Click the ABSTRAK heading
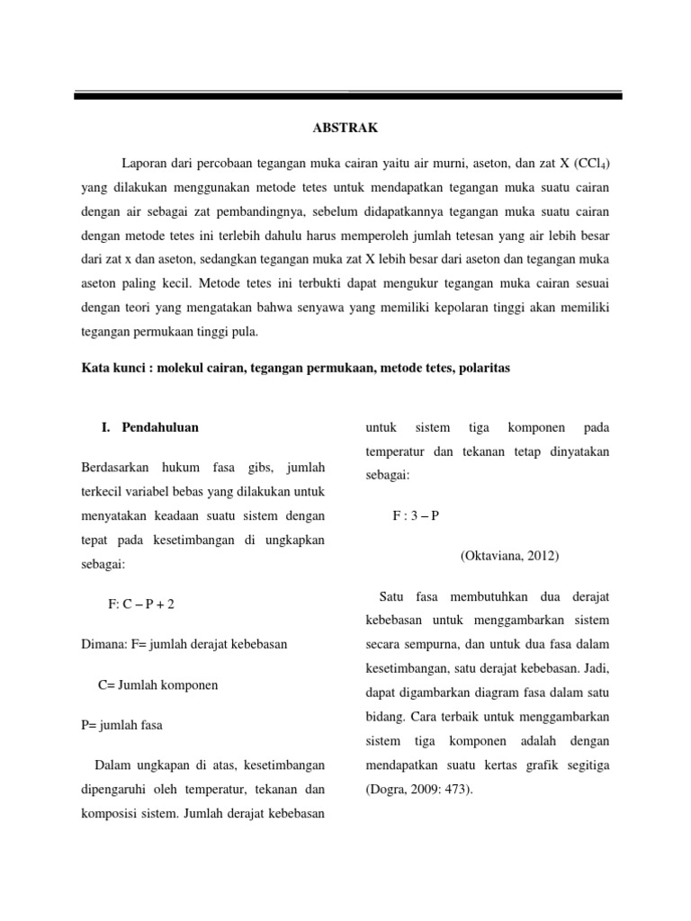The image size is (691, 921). tap(345, 129)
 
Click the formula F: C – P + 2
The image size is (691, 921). tap(141, 604)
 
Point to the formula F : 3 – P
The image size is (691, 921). tap(416, 515)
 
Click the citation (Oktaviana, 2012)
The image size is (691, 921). tap(509, 555)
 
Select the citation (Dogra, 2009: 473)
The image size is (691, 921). tap(418, 790)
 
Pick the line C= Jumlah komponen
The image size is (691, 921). tap(158, 684)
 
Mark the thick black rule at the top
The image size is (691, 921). tap(345, 95)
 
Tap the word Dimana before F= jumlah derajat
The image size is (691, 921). tap(102, 644)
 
